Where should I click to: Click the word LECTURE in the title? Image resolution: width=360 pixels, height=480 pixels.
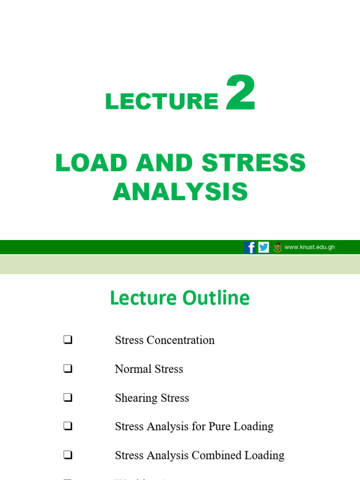162,101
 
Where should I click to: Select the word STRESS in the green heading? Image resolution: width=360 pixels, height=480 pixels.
254,163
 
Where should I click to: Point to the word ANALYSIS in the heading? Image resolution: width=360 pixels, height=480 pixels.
180,192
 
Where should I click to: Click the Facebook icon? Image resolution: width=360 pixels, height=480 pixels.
250,247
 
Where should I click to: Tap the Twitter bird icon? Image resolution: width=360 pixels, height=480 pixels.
264,247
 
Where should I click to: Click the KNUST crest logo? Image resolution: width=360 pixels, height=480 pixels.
277,247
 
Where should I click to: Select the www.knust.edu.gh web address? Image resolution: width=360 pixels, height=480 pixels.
309,247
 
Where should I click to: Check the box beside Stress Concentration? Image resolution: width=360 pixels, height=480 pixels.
67,340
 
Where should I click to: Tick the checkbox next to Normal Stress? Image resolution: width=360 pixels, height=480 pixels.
67,369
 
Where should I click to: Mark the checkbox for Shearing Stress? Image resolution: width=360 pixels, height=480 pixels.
67,398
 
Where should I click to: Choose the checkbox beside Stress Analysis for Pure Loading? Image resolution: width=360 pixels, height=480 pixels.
67,427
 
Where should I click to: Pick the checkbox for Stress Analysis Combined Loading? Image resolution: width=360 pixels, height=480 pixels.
67,456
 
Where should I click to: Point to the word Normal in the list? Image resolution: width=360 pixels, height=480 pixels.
131,369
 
